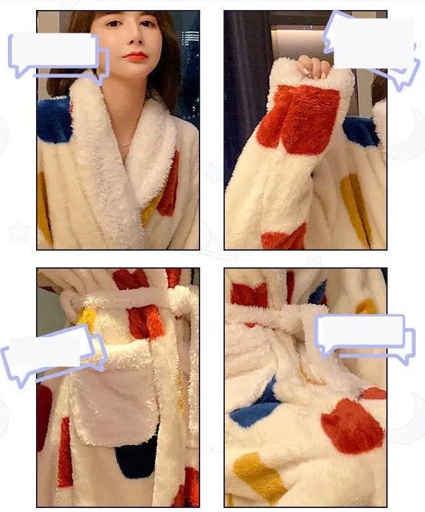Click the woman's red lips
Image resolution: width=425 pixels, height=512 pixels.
pos(135,55)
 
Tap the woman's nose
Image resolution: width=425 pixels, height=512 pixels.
pos(135,41)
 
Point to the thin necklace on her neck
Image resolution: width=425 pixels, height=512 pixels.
pos(125,142)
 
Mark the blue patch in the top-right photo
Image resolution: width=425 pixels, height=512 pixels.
pos(361,131)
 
